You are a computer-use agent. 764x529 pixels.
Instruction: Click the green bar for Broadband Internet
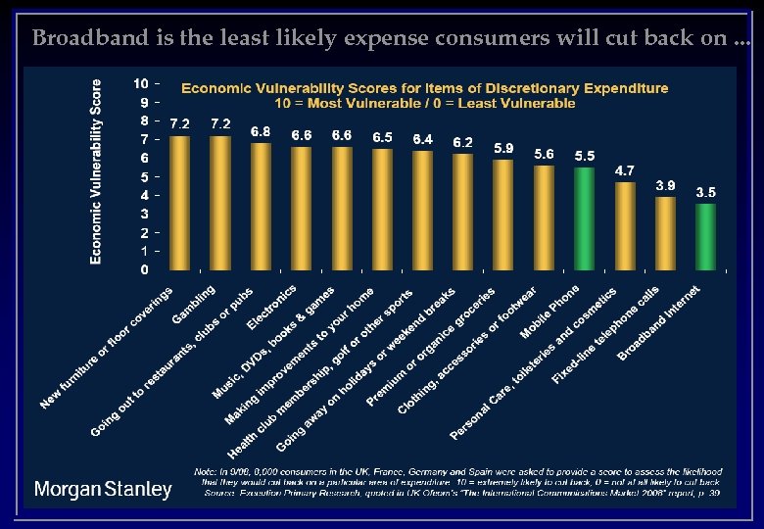(705, 236)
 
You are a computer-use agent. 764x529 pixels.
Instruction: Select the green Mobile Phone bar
(584, 217)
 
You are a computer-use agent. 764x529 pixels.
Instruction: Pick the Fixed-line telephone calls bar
(665, 233)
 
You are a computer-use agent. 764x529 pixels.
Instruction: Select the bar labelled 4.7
(625, 225)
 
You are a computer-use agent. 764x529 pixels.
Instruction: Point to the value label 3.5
(705, 193)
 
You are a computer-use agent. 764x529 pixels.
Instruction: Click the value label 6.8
(261, 131)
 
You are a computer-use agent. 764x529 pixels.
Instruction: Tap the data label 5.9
(503, 148)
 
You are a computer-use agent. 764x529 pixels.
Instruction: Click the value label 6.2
(462, 142)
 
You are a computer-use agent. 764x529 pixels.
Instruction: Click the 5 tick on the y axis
(144, 177)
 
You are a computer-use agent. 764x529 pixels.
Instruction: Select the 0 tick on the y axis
(144, 269)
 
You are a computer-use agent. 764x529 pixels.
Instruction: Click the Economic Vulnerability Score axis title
(97, 171)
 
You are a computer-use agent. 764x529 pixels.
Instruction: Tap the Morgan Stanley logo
(103, 489)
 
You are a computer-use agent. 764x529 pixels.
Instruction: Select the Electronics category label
(272, 307)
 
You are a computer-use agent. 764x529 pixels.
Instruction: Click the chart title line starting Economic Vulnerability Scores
(424, 88)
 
